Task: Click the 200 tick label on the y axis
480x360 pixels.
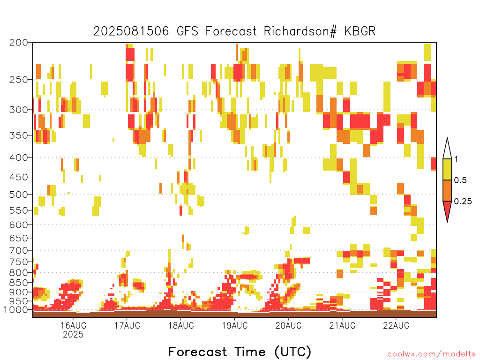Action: pyautogui.click(x=19, y=43)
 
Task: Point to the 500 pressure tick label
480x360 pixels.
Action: pyautogui.click(x=19, y=195)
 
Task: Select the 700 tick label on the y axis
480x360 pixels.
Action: pyautogui.click(x=19, y=250)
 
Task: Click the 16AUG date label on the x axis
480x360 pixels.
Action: pyautogui.click(x=73, y=325)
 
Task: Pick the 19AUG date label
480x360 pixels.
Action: pyautogui.click(x=235, y=325)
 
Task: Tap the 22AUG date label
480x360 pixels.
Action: pyautogui.click(x=396, y=325)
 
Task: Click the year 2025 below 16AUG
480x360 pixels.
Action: pyautogui.click(x=73, y=334)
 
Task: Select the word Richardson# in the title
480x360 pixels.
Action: pyautogui.click(x=300, y=31)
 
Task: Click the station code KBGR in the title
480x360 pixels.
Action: pyautogui.click(x=360, y=31)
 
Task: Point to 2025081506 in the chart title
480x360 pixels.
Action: pyautogui.click(x=131, y=31)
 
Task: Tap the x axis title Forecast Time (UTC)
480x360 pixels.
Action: pyautogui.click(x=240, y=352)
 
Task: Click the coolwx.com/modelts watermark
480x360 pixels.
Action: pyautogui.click(x=431, y=354)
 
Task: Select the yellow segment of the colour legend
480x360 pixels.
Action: pyautogui.click(x=447, y=169)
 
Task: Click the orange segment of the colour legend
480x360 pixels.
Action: pyautogui.click(x=447, y=190)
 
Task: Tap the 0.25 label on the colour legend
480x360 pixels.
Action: pyautogui.click(x=463, y=202)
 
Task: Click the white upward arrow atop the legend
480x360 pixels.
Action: pyautogui.click(x=447, y=149)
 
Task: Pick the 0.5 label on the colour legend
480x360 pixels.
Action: pyautogui.click(x=460, y=180)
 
